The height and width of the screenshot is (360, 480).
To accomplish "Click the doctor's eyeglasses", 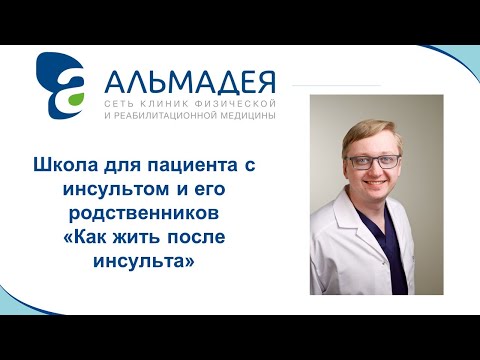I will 374,161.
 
